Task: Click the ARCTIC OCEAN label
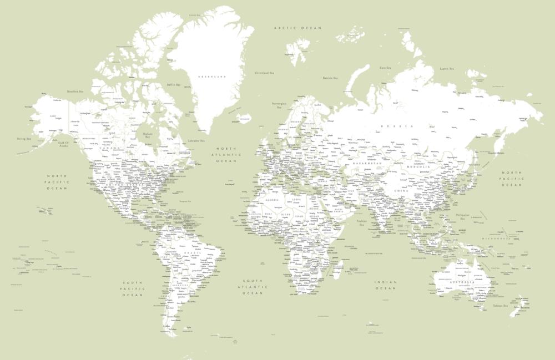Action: [290, 28]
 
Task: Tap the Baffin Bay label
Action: [174, 85]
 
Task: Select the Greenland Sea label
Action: [265, 73]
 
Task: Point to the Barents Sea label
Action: [330, 78]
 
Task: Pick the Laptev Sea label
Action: [447, 69]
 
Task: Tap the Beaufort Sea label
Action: [75, 92]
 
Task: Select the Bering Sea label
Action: [24, 139]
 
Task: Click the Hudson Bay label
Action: [147, 135]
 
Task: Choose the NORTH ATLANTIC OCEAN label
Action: [226, 155]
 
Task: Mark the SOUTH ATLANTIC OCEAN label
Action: [254, 287]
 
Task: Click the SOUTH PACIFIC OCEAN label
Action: [133, 289]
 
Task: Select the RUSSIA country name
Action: [396, 126]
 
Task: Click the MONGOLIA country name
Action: [418, 166]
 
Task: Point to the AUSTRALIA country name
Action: [461, 283]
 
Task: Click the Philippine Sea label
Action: [461, 216]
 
